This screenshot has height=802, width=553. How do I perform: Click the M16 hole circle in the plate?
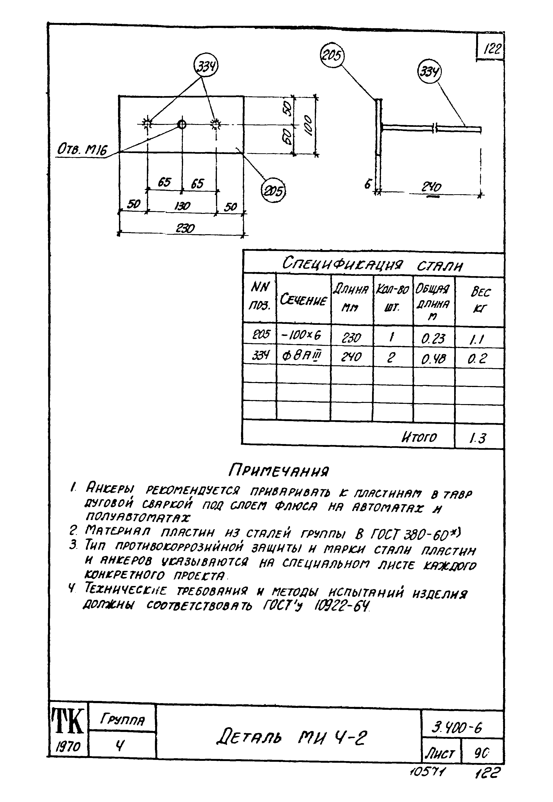click(x=182, y=124)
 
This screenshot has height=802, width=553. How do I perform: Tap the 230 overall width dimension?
click(x=186, y=228)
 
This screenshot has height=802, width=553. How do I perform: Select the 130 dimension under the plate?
click(x=182, y=207)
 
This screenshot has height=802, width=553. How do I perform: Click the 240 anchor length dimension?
click(x=432, y=188)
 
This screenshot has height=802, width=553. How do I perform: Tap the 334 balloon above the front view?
click(x=206, y=66)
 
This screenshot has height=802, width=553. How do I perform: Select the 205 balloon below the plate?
click(x=273, y=190)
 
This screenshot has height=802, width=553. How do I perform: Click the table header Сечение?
click(x=303, y=300)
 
